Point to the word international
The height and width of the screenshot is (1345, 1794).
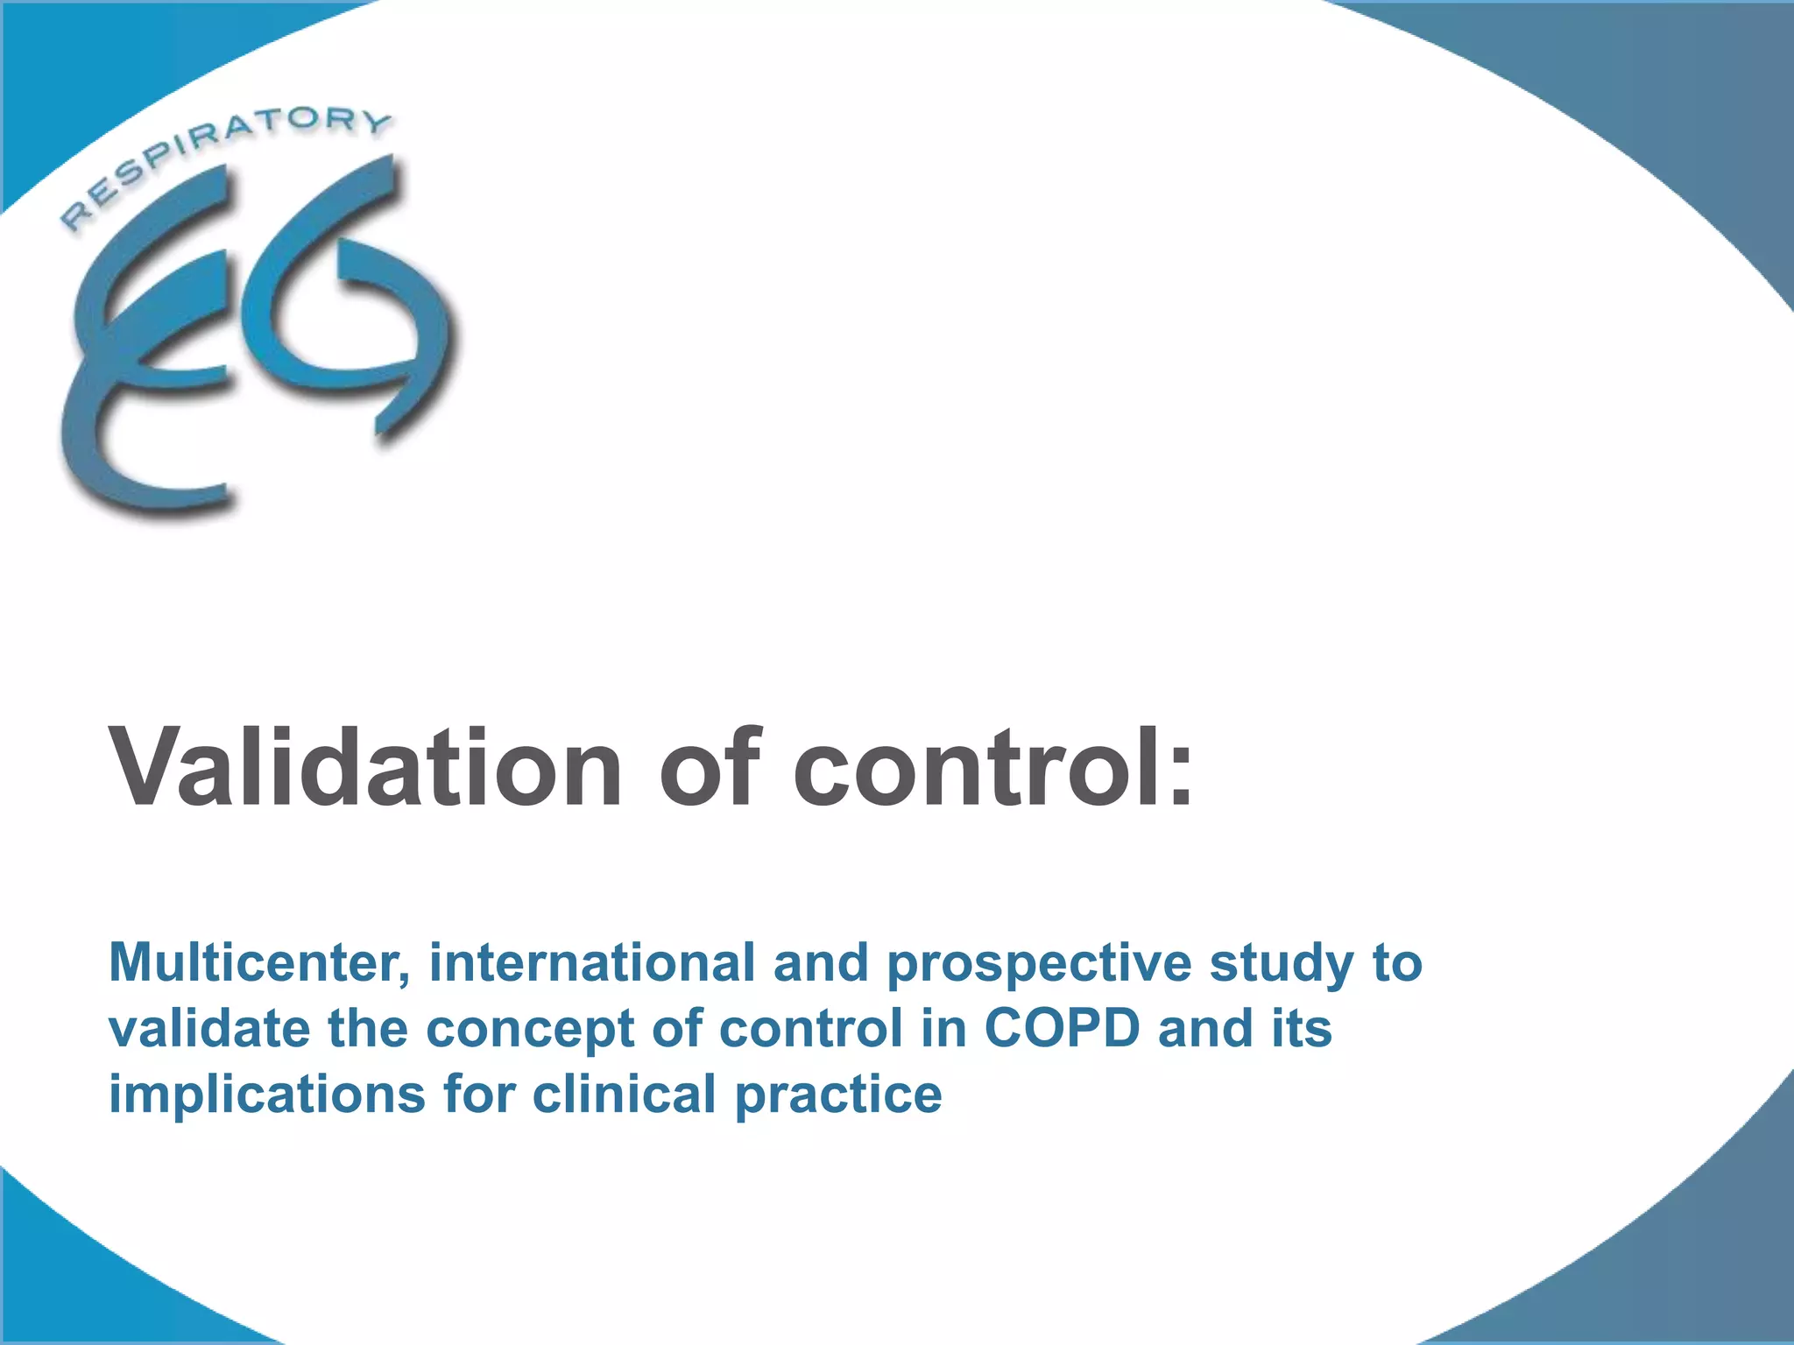(x=592, y=963)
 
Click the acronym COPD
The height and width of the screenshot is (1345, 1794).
(x=1062, y=1029)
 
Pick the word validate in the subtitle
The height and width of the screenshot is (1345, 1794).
(x=209, y=1029)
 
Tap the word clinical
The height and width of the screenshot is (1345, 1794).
(x=624, y=1095)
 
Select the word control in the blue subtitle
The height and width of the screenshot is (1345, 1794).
(x=810, y=1029)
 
